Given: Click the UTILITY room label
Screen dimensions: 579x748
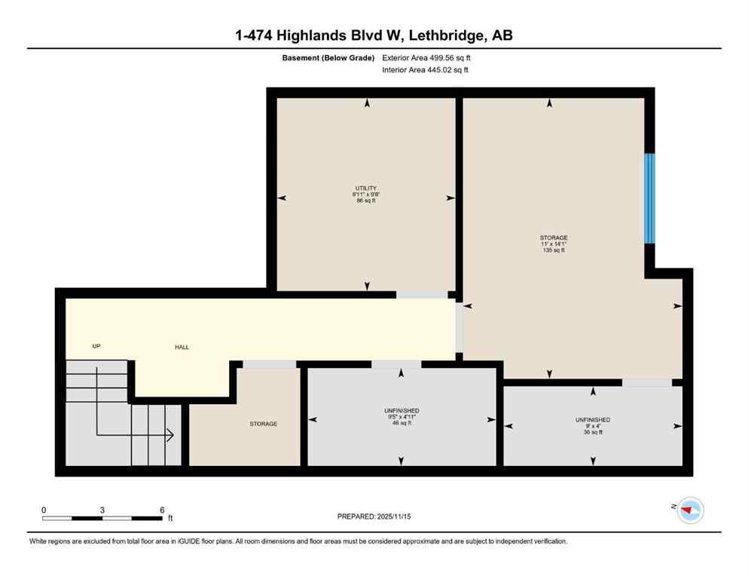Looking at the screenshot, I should (366, 188).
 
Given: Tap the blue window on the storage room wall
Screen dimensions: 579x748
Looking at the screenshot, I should (649, 198).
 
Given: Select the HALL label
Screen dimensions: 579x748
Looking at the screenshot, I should (182, 348).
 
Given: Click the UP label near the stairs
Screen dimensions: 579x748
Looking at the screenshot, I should (96, 346).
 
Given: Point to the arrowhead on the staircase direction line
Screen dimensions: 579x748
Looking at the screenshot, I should (171, 435).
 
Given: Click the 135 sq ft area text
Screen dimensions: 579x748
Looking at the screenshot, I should (553, 250).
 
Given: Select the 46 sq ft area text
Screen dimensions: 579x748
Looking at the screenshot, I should (401, 424).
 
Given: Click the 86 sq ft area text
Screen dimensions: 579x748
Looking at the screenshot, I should (366, 201).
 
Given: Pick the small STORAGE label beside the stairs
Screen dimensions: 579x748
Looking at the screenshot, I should (264, 424).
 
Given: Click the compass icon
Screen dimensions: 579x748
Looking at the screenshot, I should (689, 510).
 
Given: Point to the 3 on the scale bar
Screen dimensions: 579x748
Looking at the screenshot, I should (102, 510).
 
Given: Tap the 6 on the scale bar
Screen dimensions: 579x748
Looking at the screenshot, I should (162, 510).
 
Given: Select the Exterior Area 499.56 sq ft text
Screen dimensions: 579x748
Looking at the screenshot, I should (427, 57).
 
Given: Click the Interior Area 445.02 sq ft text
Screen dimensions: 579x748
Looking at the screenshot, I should (426, 70).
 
